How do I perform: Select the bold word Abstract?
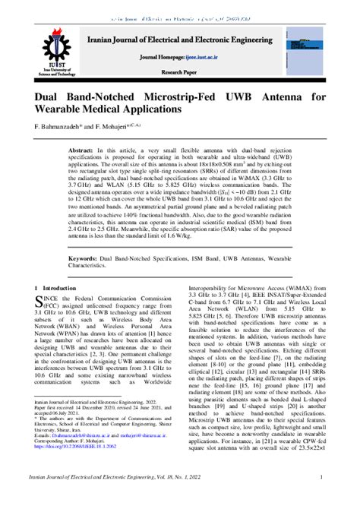point(84,151)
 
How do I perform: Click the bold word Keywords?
point(86,259)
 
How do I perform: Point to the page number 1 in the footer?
point(322,477)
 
